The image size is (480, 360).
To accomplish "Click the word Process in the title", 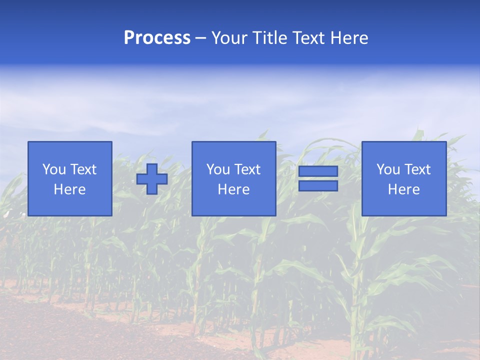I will (x=157, y=38).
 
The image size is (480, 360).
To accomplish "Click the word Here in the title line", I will (x=349, y=38).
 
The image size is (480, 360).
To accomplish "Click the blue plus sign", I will (x=152, y=179).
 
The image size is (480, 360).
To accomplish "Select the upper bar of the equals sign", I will (x=318, y=171).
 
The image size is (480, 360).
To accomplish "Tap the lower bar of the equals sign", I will (x=318, y=186).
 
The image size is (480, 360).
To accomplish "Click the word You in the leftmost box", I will (x=54, y=169).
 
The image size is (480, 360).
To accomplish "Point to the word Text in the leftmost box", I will (x=83, y=169).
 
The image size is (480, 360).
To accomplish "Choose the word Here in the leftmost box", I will (x=69, y=189).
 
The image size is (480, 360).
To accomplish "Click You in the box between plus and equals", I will (x=218, y=169).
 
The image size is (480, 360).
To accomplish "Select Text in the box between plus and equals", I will (x=247, y=169).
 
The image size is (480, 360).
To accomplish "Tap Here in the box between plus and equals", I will (x=233, y=189).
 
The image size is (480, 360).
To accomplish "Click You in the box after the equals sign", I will (x=388, y=169).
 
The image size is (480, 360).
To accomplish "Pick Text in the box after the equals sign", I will (x=417, y=169).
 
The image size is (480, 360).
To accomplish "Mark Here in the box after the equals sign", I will (x=403, y=189).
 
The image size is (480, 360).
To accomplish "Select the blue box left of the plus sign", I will (x=69, y=205).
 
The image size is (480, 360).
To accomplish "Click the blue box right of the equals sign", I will (x=403, y=205).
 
